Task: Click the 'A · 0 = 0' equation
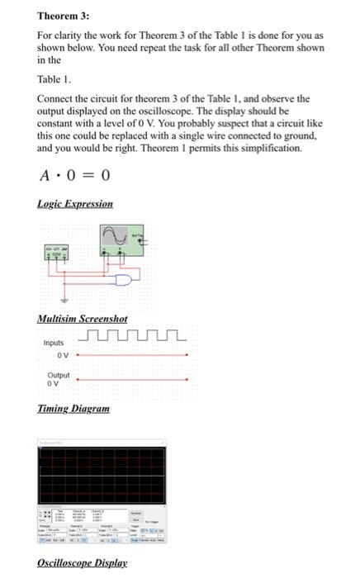(74, 175)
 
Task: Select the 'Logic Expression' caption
(75, 203)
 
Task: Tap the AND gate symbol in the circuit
(125, 282)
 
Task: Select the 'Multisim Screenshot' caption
(83, 319)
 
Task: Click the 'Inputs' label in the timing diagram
(54, 343)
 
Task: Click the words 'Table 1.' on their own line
(55, 82)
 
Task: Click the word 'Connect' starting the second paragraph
(55, 99)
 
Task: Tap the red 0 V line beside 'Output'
(132, 379)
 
